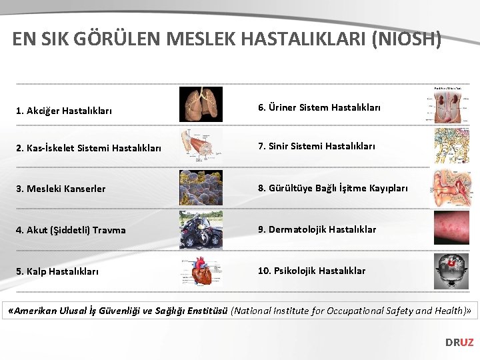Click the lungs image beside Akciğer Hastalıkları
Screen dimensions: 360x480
pos(201,105)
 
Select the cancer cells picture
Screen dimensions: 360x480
pos(201,187)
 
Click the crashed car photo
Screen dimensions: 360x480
pos(201,229)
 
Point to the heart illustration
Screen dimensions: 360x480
pos(201,271)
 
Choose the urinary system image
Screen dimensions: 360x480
pos(451,107)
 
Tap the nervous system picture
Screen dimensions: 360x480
pos(451,146)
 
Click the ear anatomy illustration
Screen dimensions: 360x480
pos(451,187)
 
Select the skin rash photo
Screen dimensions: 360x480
pos(451,229)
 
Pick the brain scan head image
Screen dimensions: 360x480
pos(451,271)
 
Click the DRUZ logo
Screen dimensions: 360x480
pos(459,342)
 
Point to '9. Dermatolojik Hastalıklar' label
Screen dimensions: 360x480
pos(317,229)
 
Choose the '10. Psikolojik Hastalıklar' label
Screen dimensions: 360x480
pos(312,271)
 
